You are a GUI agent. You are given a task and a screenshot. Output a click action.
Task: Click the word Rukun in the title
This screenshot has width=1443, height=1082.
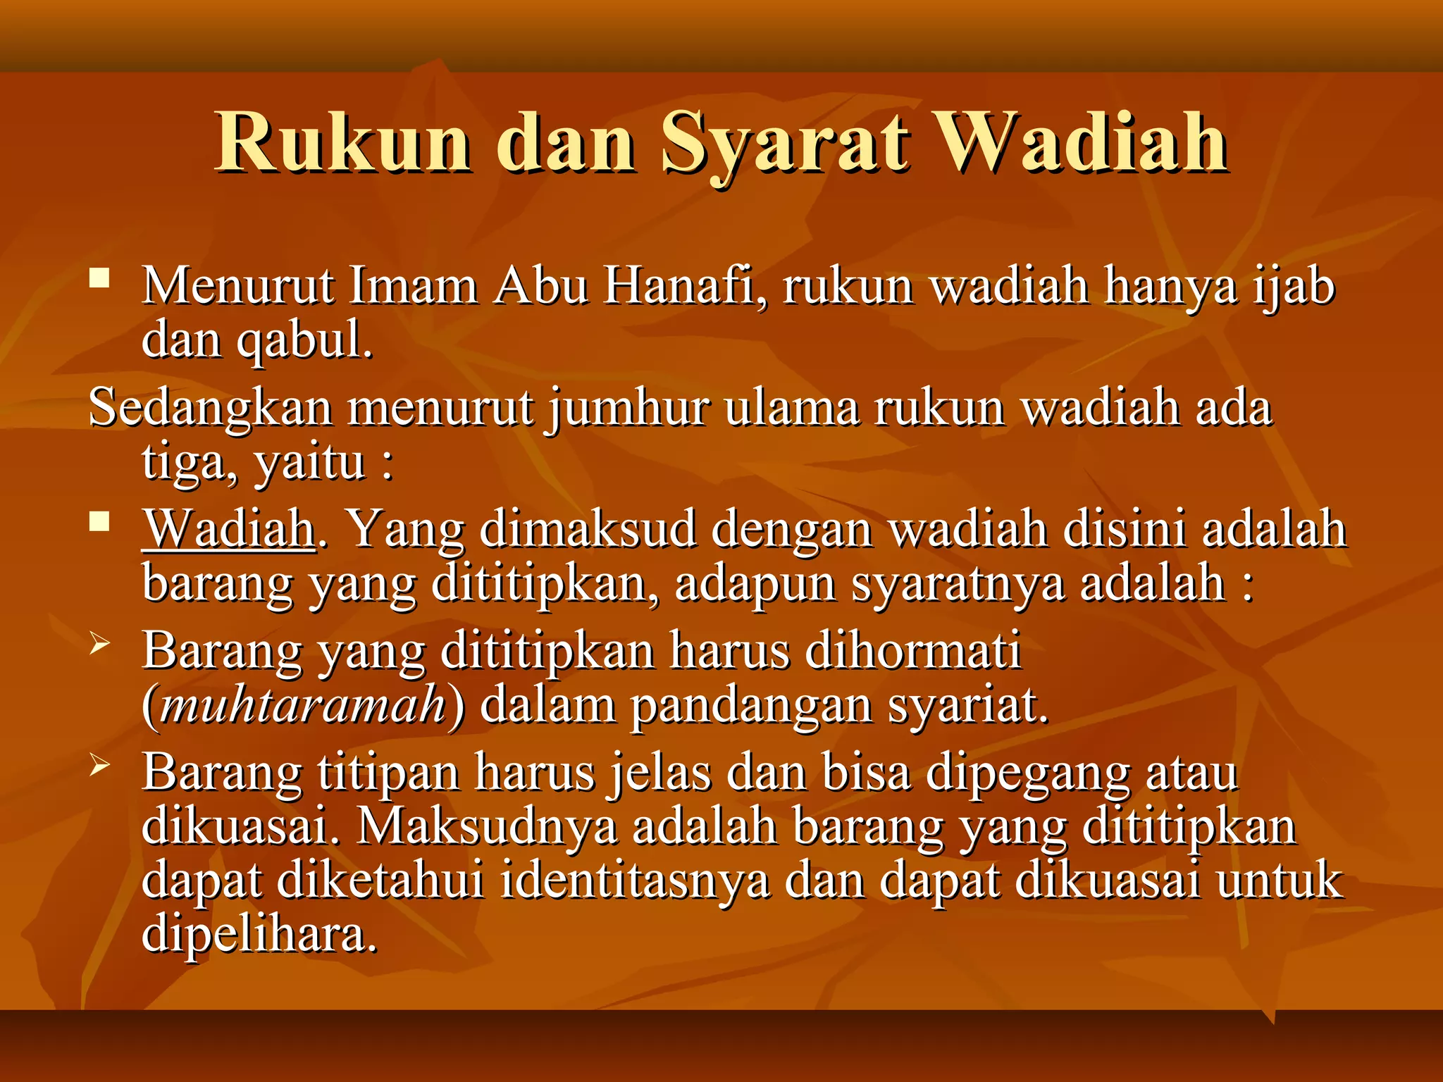(343, 143)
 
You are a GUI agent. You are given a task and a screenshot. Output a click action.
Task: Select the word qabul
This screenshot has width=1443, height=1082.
(303, 342)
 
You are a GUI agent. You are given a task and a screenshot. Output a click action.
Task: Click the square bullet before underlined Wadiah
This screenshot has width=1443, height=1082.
(100, 522)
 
